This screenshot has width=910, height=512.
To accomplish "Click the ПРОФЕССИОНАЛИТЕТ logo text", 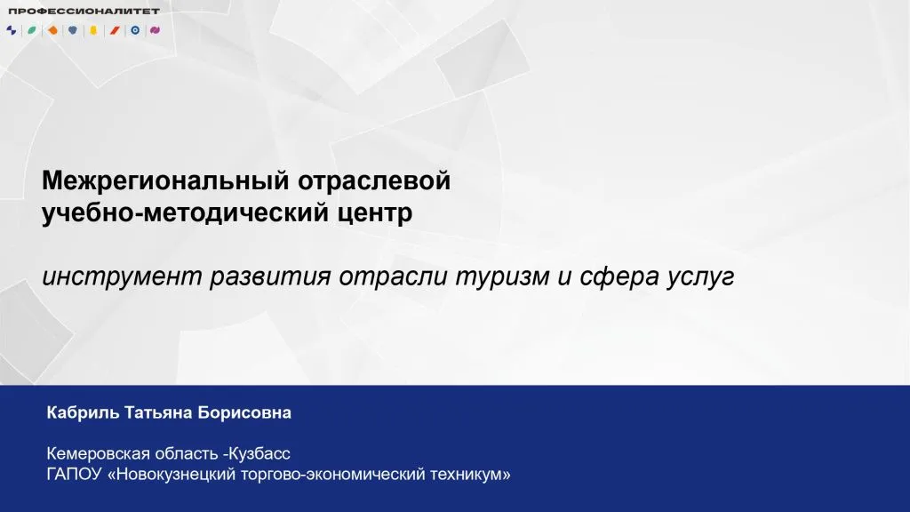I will [84, 11].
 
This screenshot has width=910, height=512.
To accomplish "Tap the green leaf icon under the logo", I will [31, 29].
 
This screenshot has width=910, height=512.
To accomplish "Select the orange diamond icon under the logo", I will [52, 29].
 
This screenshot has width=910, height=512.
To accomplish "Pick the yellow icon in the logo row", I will [92, 29].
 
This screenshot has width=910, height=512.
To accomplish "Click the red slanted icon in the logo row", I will [114, 29].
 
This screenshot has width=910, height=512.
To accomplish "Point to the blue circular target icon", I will [134, 29].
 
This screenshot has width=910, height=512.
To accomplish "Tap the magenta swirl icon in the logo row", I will [155, 29].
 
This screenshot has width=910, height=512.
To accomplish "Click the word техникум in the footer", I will [468, 474].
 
